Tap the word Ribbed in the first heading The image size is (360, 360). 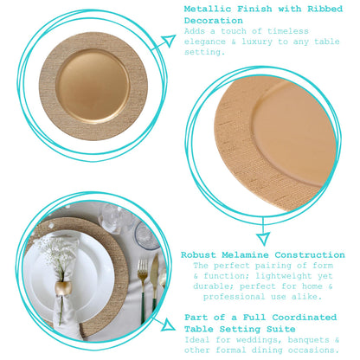(x=325, y=9)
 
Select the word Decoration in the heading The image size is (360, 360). (x=214, y=21)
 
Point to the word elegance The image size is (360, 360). (x=205, y=42)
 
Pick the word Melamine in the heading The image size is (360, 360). (x=245, y=255)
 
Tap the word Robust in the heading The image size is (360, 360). (x=198, y=255)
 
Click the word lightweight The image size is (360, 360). (x=284, y=276)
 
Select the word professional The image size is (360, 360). (x=234, y=297)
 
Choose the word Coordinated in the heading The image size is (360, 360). (x=305, y=318)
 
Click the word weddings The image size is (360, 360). (x=257, y=340)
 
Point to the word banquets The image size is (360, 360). (x=308, y=340)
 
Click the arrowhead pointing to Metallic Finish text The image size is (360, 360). (x=169, y=41)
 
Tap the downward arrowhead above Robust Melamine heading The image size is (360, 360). (x=263, y=239)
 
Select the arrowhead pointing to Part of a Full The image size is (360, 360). (x=168, y=325)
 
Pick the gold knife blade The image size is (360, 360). (x=154, y=270)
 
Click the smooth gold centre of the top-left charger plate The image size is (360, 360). (x=93, y=86)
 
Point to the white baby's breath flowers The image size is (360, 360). (x=55, y=248)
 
